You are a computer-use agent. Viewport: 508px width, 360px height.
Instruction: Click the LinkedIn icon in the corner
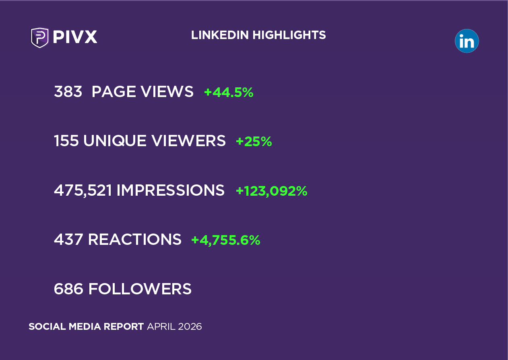pyautogui.click(x=467, y=41)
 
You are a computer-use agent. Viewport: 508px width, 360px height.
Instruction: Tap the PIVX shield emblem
pyautogui.click(x=40, y=37)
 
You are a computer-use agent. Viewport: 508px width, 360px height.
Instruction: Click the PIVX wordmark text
pyautogui.click(x=75, y=37)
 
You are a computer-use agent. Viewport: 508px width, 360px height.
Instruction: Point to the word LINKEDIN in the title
pyautogui.click(x=220, y=35)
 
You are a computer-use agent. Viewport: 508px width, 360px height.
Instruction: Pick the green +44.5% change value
pyautogui.click(x=229, y=93)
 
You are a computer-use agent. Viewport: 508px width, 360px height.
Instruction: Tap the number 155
pyautogui.click(x=66, y=141)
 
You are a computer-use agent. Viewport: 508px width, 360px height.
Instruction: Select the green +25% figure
pyautogui.click(x=254, y=142)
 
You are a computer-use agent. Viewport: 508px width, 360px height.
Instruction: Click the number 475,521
pyautogui.click(x=83, y=191)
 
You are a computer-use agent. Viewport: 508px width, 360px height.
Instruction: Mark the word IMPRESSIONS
pyautogui.click(x=170, y=191)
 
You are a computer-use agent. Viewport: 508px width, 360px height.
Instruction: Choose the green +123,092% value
pyautogui.click(x=271, y=191)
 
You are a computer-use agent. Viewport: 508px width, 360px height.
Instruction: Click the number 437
pyautogui.click(x=68, y=240)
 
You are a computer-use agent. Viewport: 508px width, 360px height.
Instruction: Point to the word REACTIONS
pyautogui.click(x=134, y=240)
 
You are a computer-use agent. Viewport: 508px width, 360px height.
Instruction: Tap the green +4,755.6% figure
pyautogui.click(x=225, y=240)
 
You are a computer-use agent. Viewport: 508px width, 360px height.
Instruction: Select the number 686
pyautogui.click(x=68, y=289)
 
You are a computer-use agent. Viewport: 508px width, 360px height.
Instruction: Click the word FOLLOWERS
pyautogui.click(x=140, y=289)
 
